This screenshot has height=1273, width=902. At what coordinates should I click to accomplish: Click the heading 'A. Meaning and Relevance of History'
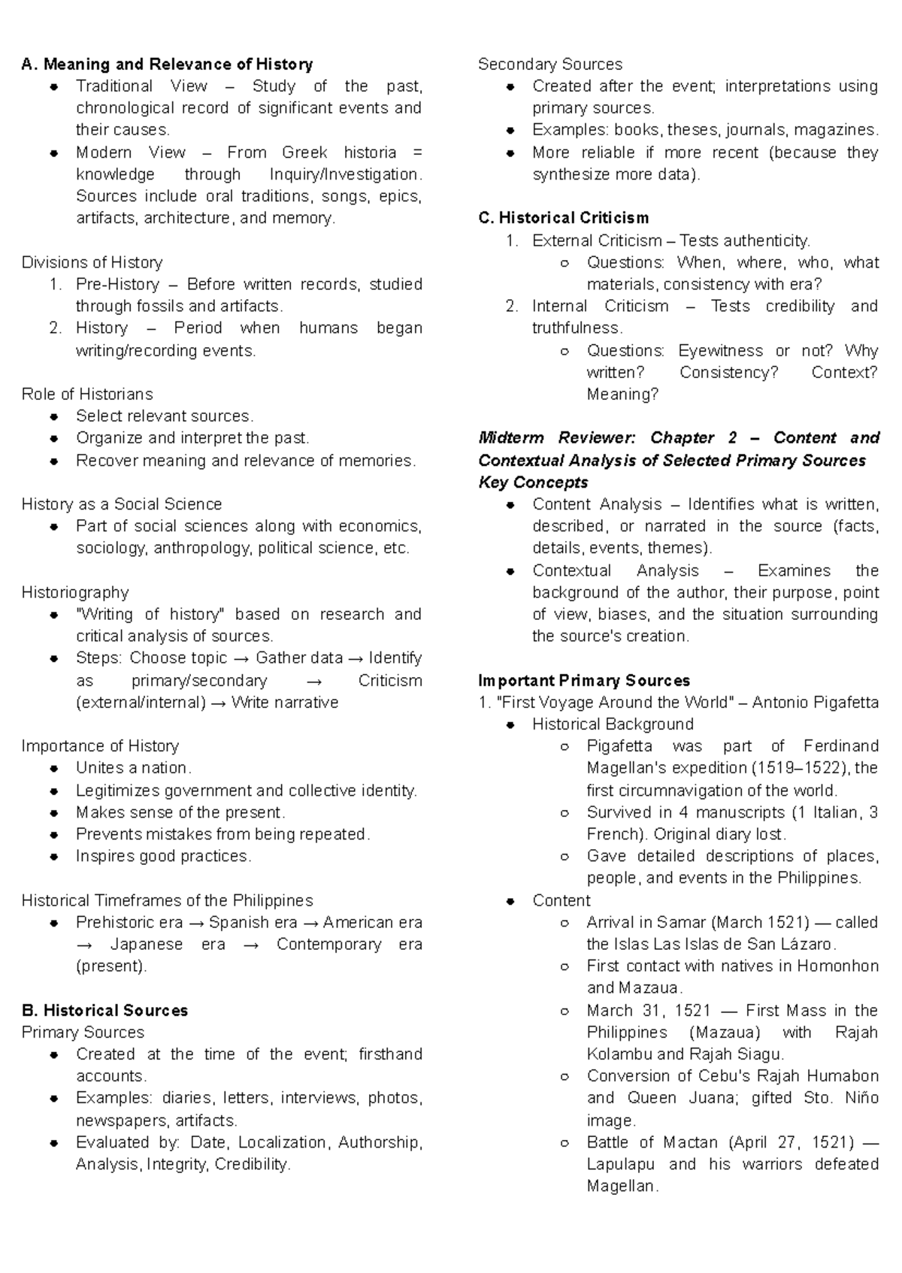coord(167,65)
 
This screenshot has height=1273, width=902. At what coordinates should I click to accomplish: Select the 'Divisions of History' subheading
coord(92,262)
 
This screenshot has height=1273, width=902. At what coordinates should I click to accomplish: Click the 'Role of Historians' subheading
coord(86,394)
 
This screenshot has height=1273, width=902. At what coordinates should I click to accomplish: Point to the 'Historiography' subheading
coord(75,592)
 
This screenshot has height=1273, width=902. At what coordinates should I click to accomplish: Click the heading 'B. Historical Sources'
coord(104,1010)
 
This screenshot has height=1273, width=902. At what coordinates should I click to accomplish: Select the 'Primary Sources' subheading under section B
coord(83,1032)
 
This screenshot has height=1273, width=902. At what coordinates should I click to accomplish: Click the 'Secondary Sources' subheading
coord(550,65)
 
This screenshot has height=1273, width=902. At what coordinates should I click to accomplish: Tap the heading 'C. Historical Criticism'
coord(563,218)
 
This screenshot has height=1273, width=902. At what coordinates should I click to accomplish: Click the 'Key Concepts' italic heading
coord(533,482)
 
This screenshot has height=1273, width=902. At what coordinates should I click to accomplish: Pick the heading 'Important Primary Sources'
coord(584,680)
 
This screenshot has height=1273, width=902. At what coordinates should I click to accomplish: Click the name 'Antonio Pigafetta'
coord(815,703)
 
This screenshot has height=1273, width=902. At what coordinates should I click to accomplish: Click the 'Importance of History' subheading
coord(100,746)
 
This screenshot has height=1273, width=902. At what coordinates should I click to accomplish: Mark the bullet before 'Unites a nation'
coord(54,769)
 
